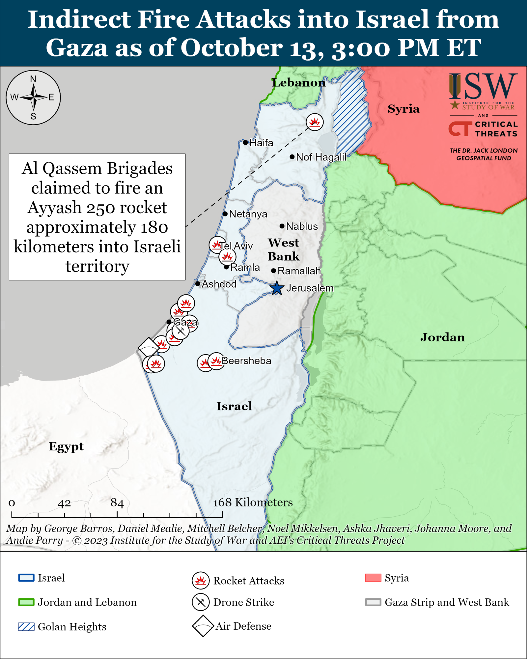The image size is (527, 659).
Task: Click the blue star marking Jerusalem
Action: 277,288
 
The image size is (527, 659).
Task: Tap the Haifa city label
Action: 261,143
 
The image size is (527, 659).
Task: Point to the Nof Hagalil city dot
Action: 292,157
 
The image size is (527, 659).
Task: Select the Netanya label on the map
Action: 248,214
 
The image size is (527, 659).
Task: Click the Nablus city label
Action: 302,226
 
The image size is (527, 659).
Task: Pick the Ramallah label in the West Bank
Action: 299,271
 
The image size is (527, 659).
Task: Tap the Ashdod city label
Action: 219,284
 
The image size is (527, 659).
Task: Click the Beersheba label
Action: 246,361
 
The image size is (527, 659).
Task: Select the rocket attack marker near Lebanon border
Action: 315,122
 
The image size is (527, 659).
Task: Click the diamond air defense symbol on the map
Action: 149,347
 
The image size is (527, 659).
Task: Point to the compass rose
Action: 33,98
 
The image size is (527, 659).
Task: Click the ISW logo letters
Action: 483,86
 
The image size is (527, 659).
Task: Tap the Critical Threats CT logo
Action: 460,129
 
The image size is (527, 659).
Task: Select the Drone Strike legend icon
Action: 201,602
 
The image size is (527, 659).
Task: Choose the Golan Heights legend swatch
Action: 26,627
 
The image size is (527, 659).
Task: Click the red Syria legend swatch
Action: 373,578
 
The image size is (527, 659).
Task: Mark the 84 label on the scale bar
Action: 117,503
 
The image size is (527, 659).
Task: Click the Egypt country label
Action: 66,446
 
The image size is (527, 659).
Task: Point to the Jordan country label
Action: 442,337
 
